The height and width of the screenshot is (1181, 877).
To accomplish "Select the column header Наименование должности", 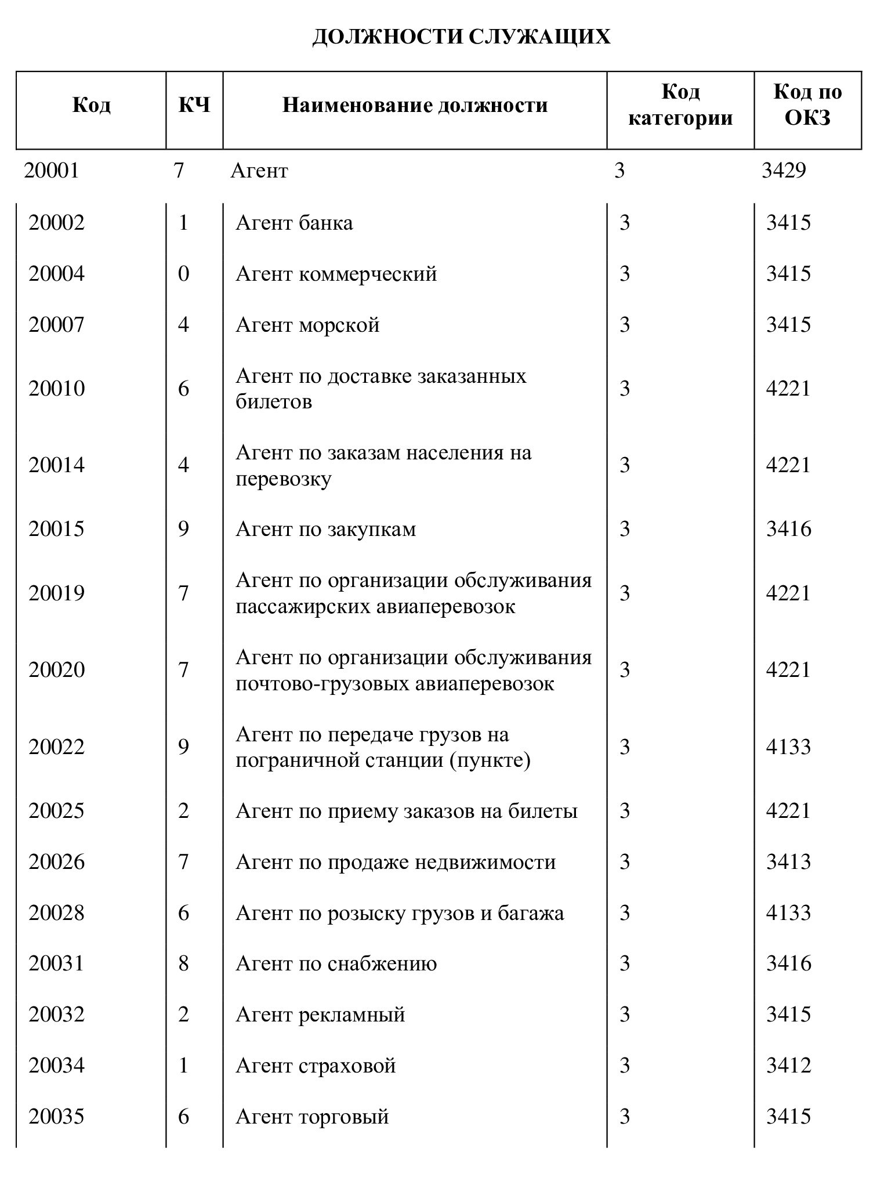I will (x=415, y=106).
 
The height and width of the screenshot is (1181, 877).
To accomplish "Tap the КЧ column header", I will (x=194, y=106).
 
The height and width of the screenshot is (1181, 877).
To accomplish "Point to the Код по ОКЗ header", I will (x=807, y=105).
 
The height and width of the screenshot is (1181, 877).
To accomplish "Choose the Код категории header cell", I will (x=680, y=105).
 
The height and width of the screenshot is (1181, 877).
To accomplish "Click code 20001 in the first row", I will (x=51, y=171).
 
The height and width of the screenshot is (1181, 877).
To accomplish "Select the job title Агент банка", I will (x=294, y=223).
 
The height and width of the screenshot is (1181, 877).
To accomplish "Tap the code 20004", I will (x=56, y=273).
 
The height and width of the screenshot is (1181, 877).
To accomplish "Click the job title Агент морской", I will (x=307, y=324).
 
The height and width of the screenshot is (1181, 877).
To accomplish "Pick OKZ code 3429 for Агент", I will (x=784, y=171).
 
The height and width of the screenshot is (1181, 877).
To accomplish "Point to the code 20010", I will (x=56, y=388).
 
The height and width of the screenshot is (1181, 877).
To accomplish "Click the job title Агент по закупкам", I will (x=325, y=529).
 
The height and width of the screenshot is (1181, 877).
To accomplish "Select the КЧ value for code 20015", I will (x=183, y=529).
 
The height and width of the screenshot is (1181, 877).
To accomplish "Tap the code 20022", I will (x=56, y=747).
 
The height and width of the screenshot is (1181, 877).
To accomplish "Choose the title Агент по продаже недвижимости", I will (x=396, y=862).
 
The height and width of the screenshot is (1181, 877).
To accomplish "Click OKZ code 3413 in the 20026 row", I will (x=788, y=862).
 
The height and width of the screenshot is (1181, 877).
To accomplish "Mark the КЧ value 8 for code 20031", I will (x=183, y=963).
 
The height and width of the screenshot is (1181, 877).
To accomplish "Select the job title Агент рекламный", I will (x=320, y=1015).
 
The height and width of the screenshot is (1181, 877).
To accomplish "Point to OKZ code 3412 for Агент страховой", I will (x=788, y=1066).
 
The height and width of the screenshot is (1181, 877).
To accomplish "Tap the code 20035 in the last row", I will (x=56, y=1117).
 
